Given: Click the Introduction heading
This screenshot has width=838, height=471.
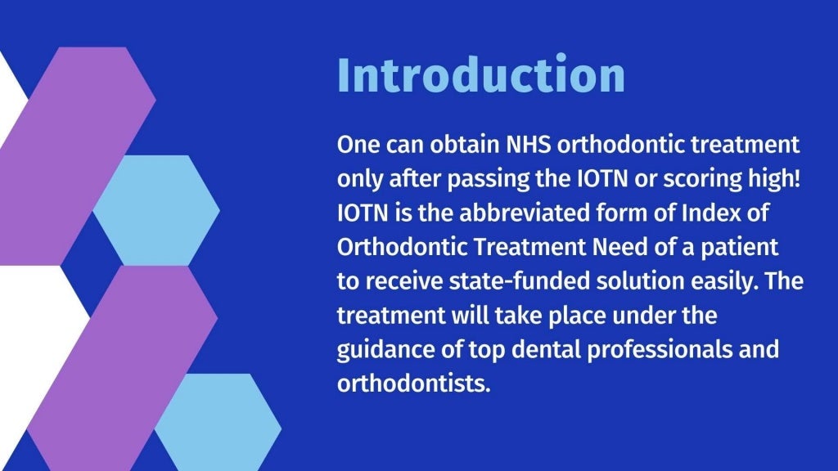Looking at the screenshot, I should (480, 75).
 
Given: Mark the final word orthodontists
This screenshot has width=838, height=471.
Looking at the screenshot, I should (413, 382).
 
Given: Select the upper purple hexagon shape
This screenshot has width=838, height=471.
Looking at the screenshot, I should (78, 155).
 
